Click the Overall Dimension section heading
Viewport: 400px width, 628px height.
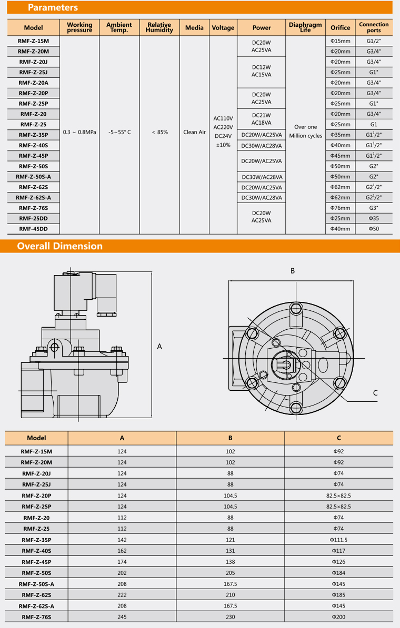click(59, 246)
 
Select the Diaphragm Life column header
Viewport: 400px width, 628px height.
click(305, 27)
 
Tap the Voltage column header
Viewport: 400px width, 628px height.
click(223, 27)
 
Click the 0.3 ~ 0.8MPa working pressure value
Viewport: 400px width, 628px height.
click(79, 132)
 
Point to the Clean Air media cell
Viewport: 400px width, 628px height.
click(194, 132)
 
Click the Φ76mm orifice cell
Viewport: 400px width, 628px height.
click(340, 208)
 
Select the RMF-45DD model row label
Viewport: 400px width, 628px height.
click(33, 229)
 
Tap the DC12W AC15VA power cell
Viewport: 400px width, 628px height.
click(262, 71)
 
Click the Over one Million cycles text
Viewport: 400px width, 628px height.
click(305, 131)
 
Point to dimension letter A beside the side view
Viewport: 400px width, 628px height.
click(159, 346)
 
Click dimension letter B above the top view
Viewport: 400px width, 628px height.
click(293, 271)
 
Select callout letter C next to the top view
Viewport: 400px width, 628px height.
click(375, 392)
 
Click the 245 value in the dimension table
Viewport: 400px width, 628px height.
click(122, 617)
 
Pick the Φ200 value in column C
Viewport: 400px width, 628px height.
click(338, 617)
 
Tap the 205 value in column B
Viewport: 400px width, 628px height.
click(230, 573)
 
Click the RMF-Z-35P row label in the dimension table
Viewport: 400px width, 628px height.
click(36, 540)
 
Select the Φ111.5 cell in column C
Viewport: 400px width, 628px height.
click(338, 540)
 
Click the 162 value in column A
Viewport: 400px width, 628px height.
click(122, 551)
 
